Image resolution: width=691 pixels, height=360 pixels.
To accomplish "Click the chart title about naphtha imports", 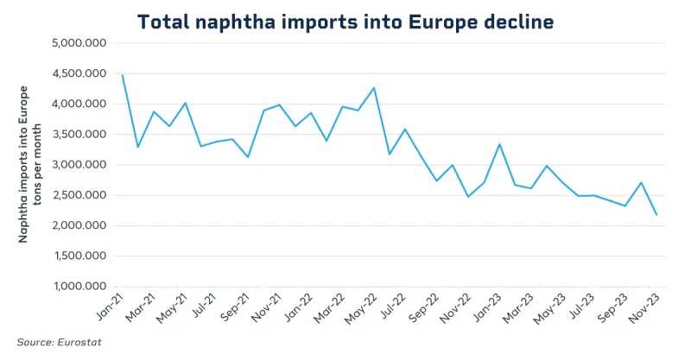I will point(345,22).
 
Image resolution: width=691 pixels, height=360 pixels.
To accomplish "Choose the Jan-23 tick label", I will point(485,306).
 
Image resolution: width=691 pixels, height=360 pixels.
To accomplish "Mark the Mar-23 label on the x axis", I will point(517,306).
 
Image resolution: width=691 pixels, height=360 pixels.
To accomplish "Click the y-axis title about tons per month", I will point(30,164).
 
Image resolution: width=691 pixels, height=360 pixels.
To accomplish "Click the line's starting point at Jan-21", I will point(123,75).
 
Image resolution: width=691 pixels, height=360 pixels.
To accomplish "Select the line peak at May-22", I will point(373,88).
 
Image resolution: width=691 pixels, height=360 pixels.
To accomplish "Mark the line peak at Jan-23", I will point(499,144).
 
